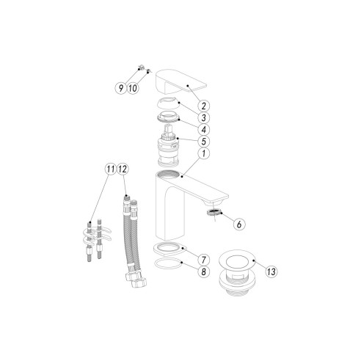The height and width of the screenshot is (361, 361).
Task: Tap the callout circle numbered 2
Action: click(x=208, y=106)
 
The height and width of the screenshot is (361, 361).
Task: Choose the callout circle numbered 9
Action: click(x=120, y=88)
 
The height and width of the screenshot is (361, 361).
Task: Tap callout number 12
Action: click(x=123, y=169)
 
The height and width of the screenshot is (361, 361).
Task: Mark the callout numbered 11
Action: click(x=110, y=169)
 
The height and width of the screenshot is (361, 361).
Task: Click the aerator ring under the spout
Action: click(x=213, y=211)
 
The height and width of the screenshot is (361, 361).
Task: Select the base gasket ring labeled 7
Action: click(x=168, y=247)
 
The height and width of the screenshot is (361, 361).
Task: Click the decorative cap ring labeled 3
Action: click(x=169, y=102)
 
